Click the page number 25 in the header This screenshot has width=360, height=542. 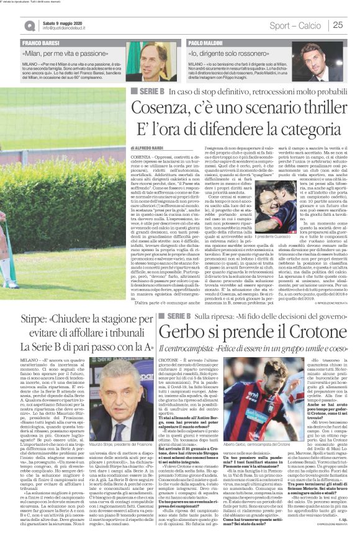338,25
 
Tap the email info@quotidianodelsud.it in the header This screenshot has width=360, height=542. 68,29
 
